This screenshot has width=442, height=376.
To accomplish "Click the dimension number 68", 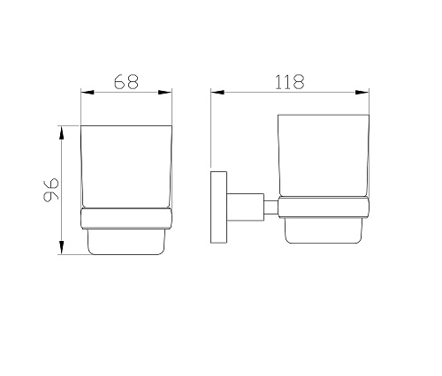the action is [126, 81].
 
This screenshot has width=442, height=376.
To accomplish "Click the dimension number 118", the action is [289, 82].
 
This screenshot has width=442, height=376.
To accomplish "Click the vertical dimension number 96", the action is [51, 190].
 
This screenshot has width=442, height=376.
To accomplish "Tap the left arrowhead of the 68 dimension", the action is [88, 93].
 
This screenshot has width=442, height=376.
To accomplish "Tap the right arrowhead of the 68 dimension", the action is [165, 93].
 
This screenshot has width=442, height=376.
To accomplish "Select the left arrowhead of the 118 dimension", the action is [217, 93].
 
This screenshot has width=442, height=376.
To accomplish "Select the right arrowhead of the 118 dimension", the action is [362, 93].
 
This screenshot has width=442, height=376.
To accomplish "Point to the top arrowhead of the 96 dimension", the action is [61, 132].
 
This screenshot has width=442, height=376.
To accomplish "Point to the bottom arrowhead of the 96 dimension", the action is [61, 247].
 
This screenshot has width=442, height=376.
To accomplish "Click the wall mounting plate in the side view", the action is [218, 207].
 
